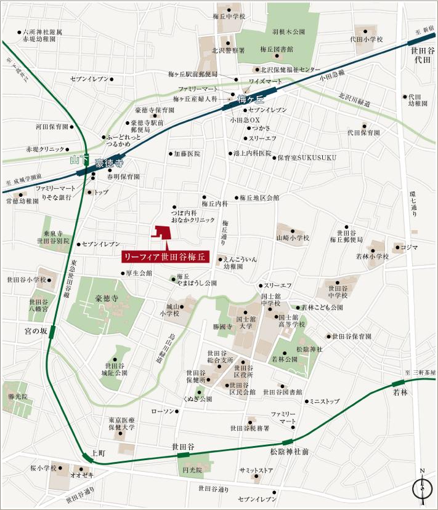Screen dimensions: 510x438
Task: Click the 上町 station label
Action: click(x=98, y=452)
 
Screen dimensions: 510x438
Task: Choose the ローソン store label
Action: click(x=163, y=411)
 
